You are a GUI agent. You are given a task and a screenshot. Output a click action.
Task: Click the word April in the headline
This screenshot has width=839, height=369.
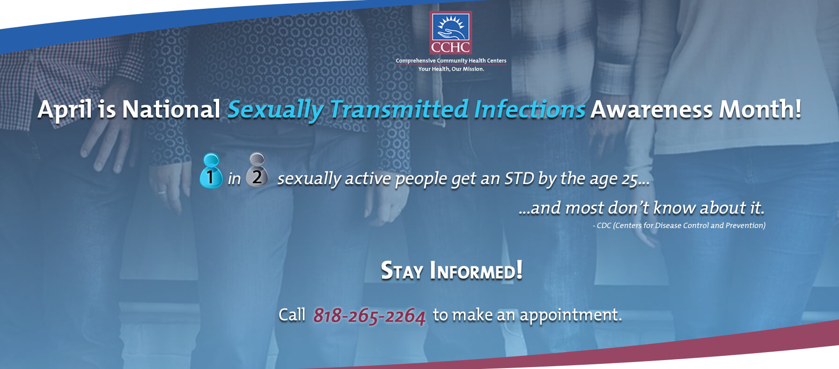[x=65, y=110]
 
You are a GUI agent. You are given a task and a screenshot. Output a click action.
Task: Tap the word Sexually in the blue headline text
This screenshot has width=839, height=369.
[x=275, y=110]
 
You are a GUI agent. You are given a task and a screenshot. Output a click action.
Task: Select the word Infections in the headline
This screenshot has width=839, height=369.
[x=529, y=109]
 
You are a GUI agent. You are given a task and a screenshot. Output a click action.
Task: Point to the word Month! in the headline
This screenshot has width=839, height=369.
[x=760, y=109]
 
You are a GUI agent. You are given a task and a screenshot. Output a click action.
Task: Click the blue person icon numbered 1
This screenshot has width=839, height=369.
[x=211, y=171]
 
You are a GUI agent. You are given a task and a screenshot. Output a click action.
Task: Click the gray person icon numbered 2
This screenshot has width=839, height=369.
[x=257, y=170]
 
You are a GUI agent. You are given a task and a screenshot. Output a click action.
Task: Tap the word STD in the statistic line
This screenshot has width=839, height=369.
[x=519, y=178]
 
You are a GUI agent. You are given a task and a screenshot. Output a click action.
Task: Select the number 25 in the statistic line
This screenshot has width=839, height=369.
[x=629, y=180]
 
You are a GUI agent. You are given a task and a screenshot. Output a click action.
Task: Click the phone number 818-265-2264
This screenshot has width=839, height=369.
[x=369, y=316]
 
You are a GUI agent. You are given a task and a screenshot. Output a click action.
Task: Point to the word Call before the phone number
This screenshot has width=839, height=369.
[x=292, y=315]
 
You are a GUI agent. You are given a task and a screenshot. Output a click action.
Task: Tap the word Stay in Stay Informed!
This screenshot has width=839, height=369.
[x=402, y=271]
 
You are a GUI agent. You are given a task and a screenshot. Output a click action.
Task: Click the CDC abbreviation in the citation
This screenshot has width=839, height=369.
[x=603, y=226]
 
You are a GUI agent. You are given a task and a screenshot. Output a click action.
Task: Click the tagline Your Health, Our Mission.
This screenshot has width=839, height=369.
[x=451, y=69]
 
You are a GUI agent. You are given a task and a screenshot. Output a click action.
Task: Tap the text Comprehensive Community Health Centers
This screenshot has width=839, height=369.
[x=451, y=60]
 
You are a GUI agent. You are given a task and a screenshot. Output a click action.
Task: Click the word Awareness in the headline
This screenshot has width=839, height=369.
[x=651, y=109]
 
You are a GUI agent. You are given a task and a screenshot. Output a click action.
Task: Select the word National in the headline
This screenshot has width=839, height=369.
[x=171, y=109]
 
